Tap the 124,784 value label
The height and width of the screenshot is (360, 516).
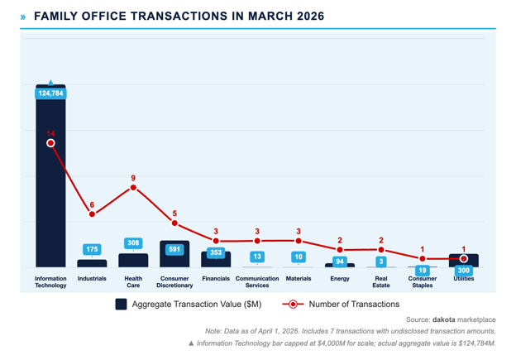pos(50,94)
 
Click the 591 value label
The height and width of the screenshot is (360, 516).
pos(174,249)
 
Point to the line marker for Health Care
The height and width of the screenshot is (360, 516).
pos(133,188)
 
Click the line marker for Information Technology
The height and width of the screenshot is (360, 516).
pos(50,143)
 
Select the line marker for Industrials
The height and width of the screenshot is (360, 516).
pos(92,214)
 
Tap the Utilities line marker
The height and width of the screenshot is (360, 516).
pos(464,259)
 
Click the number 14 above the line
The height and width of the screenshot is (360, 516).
pos(50,132)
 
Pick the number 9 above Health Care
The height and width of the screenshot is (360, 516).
pos(133,178)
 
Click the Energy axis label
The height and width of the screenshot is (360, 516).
pos(340,279)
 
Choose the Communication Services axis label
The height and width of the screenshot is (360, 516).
pos(257,282)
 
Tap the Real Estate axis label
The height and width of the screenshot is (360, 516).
pos(381,282)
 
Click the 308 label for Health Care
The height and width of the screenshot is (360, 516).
pos(133,243)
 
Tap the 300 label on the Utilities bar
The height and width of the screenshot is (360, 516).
pos(464,271)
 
